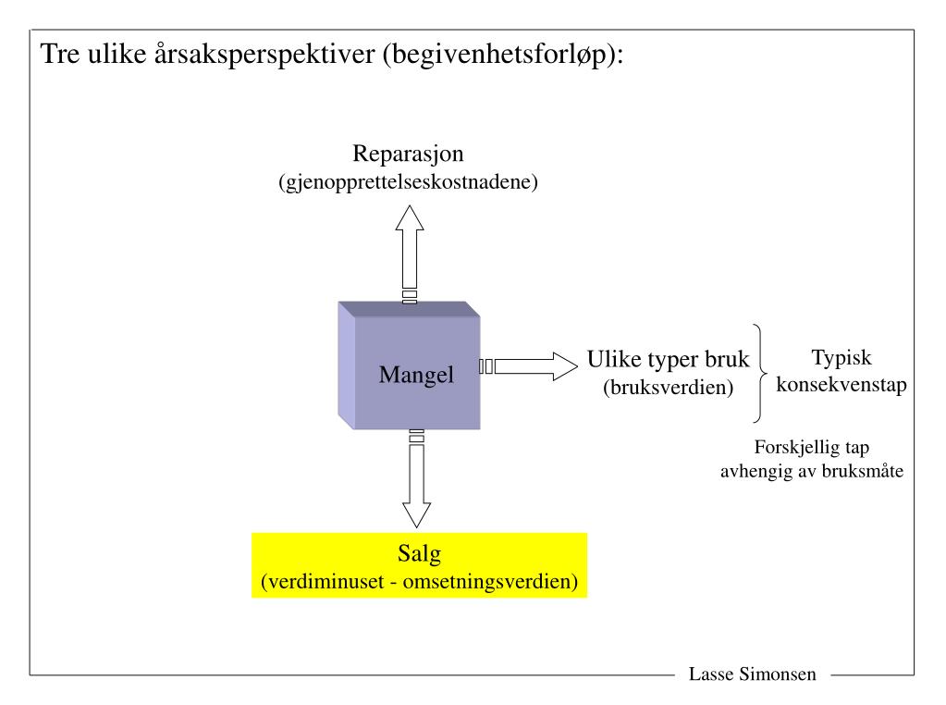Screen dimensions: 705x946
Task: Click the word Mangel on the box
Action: (x=416, y=376)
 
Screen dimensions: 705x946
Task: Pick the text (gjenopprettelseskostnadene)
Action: (x=408, y=182)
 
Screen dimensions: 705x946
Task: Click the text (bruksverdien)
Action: (x=668, y=389)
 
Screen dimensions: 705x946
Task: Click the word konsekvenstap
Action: (x=841, y=384)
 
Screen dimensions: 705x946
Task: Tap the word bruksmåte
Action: (x=866, y=471)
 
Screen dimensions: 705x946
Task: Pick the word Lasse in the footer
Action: (x=710, y=674)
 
